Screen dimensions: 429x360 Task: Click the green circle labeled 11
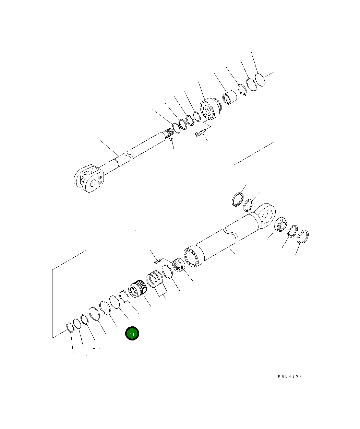tap(132, 334)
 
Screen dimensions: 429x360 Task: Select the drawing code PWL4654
tap(290, 376)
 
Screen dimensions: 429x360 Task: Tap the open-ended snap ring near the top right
tap(243, 90)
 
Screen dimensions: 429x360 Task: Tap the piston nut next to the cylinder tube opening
tap(179, 266)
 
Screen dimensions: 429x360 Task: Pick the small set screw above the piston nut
tap(157, 262)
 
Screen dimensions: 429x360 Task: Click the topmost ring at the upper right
tap(260, 79)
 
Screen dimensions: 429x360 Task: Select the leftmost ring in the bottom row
tap(70, 327)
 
